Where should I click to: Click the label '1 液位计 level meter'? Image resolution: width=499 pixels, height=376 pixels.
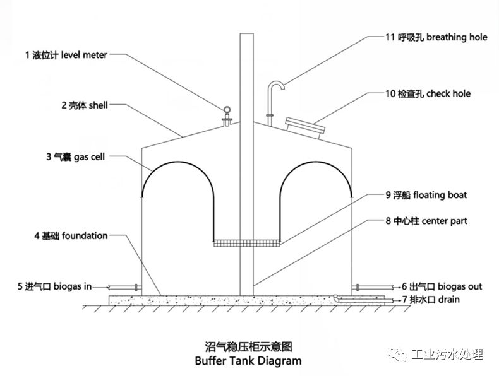(66, 56)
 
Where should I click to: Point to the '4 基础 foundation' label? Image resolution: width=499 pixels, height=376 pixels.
(71, 236)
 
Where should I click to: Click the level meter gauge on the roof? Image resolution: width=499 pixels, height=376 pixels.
(227, 114)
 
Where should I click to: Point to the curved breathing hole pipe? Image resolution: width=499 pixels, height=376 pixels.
(273, 95)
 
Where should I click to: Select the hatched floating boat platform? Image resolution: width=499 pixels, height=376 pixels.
(246, 242)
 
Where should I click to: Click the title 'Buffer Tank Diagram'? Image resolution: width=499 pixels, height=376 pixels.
(249, 361)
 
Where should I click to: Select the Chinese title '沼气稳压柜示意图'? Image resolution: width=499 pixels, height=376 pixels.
(249, 346)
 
